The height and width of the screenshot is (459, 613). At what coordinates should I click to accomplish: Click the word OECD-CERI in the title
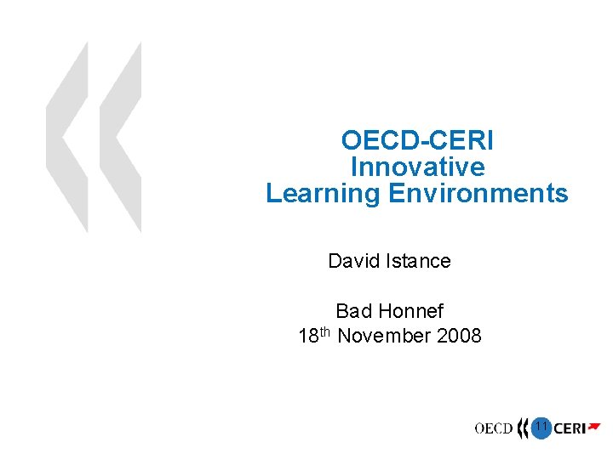coord(416,140)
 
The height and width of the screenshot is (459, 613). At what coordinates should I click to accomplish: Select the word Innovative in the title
coord(416,167)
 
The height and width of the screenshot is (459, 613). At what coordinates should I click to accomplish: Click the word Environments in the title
coord(478,194)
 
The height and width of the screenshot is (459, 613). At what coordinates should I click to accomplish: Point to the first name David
coord(352,261)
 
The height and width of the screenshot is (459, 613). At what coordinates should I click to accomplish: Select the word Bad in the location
coord(353,312)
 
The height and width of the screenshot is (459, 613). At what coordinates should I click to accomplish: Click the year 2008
coord(459,337)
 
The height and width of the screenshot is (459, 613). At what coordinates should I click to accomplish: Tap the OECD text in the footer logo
coord(494,428)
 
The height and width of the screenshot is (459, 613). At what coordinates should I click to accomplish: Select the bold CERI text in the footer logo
coord(569,429)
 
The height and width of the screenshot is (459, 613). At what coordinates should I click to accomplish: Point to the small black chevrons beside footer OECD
coord(522,428)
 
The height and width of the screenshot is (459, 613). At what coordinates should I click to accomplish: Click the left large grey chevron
coord(68,136)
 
